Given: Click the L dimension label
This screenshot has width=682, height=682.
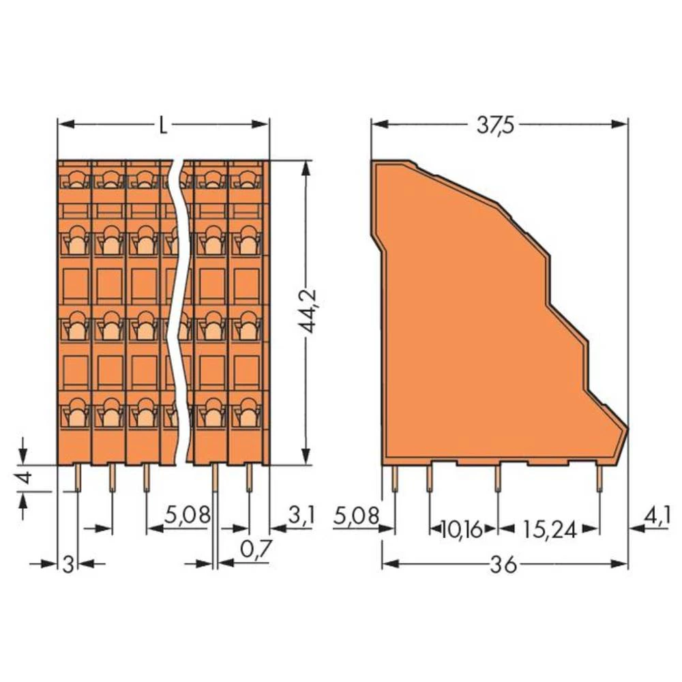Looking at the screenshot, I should (162, 125).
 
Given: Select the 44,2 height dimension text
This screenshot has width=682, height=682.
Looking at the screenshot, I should (312, 311).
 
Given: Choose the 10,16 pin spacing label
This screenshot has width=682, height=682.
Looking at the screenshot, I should (462, 529).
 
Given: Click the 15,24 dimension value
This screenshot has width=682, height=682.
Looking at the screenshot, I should (549, 529).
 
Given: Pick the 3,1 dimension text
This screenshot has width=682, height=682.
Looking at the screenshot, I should (300, 516).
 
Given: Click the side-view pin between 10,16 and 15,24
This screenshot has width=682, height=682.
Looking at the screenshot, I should (498, 477).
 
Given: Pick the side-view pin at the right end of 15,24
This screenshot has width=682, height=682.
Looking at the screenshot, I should (599, 477).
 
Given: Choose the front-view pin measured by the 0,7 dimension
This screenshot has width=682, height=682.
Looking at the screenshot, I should (216, 477).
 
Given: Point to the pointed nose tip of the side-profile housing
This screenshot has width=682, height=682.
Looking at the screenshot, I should (627, 428).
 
